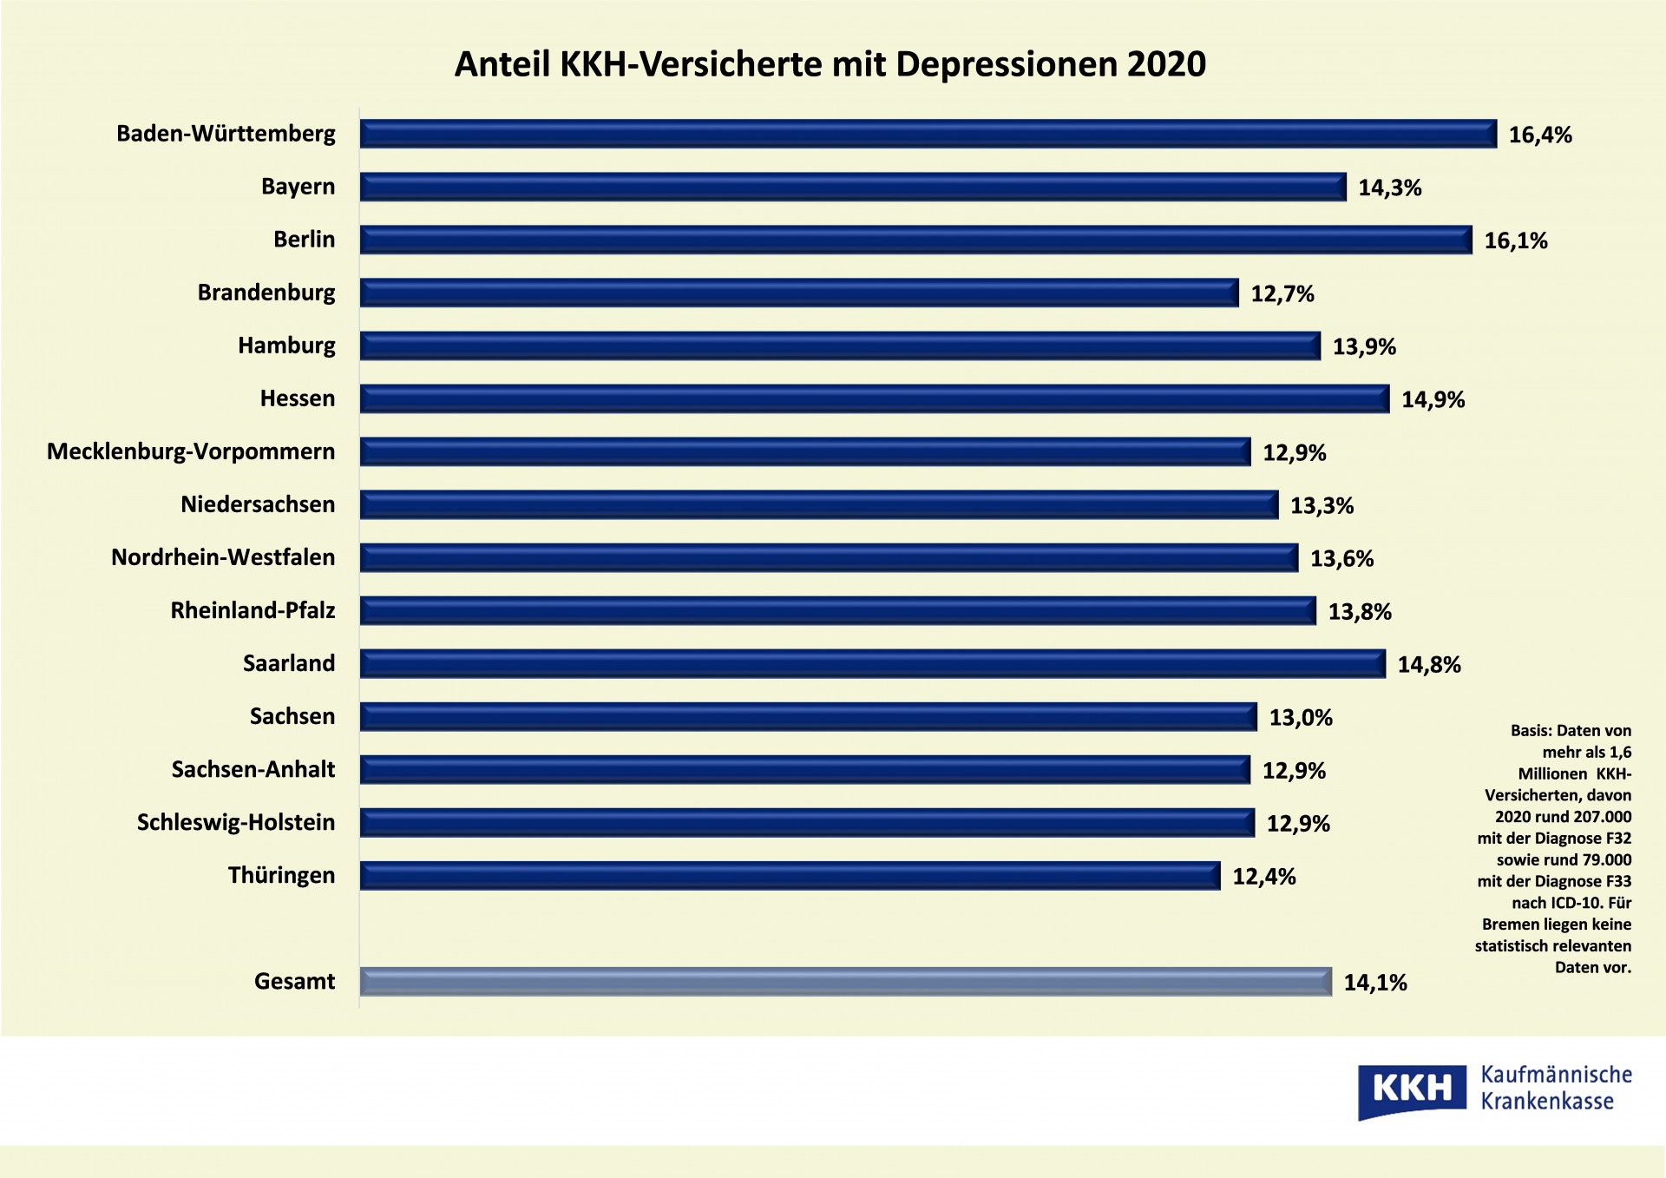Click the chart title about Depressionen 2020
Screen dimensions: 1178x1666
click(x=830, y=64)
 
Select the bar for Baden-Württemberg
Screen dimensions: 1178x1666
click(x=928, y=134)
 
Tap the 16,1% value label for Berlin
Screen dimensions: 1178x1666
click(x=1515, y=240)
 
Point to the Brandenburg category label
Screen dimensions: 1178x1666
click(x=266, y=293)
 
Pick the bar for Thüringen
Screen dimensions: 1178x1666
click(x=790, y=875)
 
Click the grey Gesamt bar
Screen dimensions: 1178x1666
click(x=845, y=981)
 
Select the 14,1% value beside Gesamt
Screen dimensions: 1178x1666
click(x=1374, y=983)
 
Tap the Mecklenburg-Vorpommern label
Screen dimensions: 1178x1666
click(x=191, y=451)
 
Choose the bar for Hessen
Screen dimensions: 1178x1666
click(x=874, y=398)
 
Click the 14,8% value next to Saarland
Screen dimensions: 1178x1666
click(x=1428, y=665)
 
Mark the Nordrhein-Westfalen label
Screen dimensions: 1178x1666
click(x=223, y=557)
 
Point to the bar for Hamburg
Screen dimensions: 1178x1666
click(x=840, y=346)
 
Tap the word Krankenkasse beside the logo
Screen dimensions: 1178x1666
click(x=1546, y=1102)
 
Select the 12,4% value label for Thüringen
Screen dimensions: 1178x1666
click(x=1263, y=877)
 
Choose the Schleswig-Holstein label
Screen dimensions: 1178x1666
click(x=236, y=822)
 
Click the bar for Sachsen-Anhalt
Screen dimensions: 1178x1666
click(x=804, y=769)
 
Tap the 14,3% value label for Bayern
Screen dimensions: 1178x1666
click(x=1389, y=188)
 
